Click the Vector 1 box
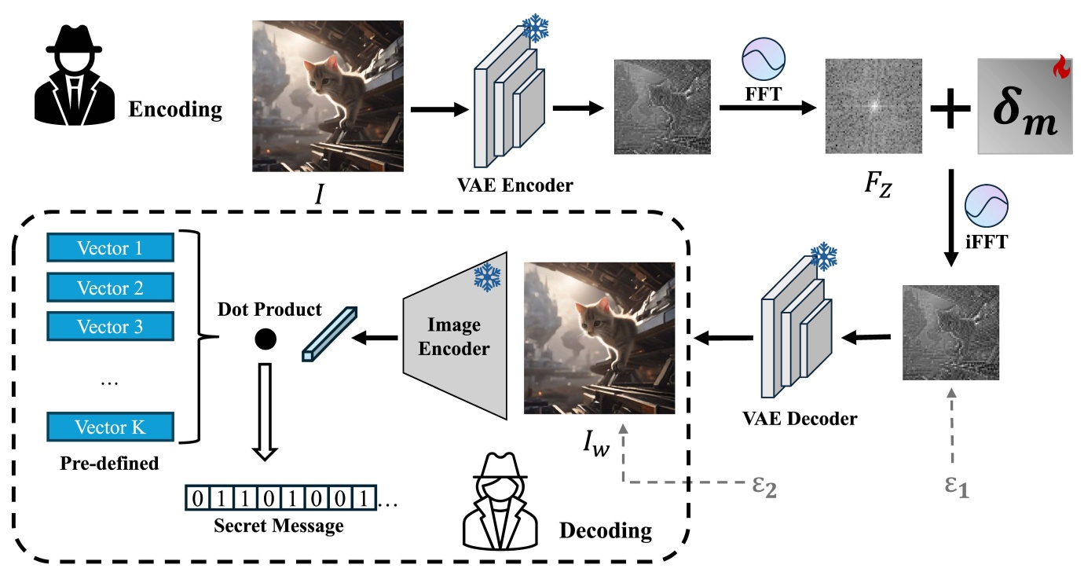[110, 249]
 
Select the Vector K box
[110, 427]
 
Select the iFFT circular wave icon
[987, 207]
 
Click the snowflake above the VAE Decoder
[823, 258]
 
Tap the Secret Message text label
[279, 526]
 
